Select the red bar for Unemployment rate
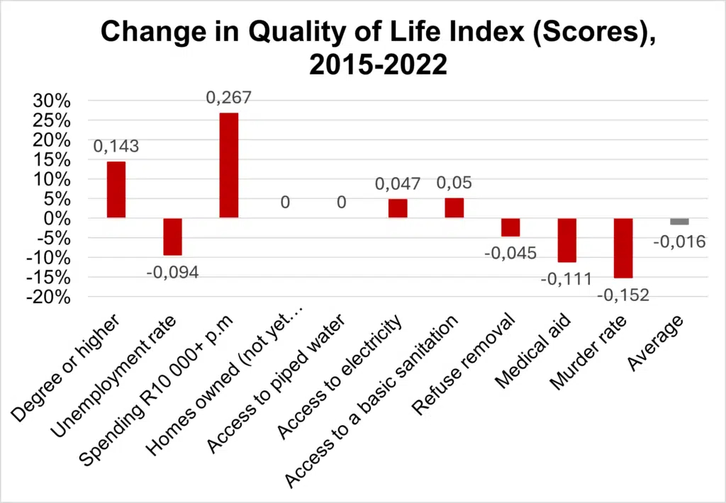point(172,237)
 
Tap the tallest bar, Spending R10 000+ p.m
point(229,165)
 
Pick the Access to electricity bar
point(398,208)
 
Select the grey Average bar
point(679,222)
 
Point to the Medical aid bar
point(566,240)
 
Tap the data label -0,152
point(623,293)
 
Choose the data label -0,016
point(678,242)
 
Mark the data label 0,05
point(454,183)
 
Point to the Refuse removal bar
point(510,227)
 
